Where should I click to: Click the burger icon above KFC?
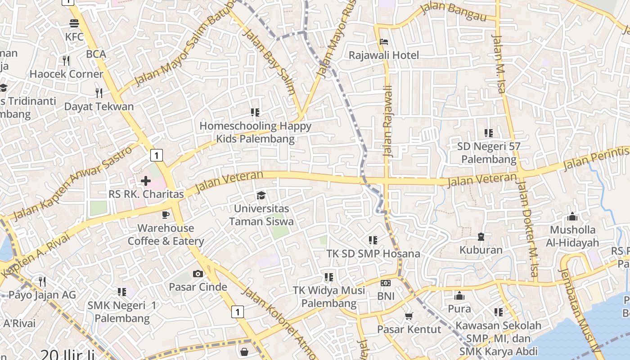[x=74, y=23]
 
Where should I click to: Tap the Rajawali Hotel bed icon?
[x=384, y=42]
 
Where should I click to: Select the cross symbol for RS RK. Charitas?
[x=145, y=181]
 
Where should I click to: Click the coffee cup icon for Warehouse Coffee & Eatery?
[x=166, y=215]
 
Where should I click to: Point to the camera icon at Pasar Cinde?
[x=198, y=274]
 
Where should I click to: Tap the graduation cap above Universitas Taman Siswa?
[x=261, y=195]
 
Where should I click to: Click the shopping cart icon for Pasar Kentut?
[x=409, y=316]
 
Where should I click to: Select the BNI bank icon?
[x=386, y=283]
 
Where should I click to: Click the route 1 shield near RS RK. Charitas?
[x=156, y=156]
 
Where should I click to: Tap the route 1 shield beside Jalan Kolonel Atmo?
[x=237, y=311]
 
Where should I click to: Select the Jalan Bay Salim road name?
[x=269, y=61]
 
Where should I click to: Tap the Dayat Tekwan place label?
[x=99, y=107]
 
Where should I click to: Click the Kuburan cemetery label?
[x=481, y=250]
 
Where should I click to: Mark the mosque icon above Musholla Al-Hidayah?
[x=572, y=217]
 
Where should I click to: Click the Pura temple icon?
[x=459, y=296]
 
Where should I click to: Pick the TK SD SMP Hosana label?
[x=373, y=253]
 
